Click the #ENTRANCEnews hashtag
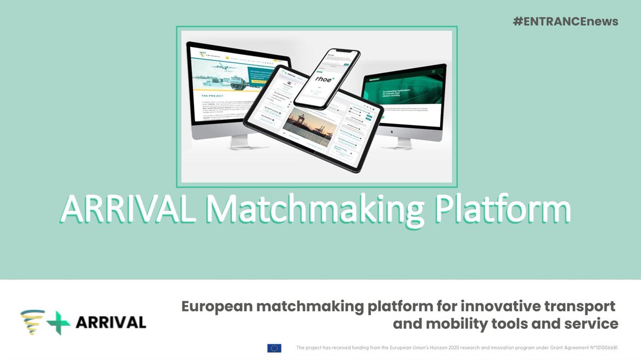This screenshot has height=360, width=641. (x=566, y=22)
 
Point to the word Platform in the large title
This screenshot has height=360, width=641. (x=501, y=210)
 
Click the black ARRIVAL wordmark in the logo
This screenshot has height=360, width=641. (x=111, y=323)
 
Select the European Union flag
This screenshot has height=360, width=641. (x=274, y=348)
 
